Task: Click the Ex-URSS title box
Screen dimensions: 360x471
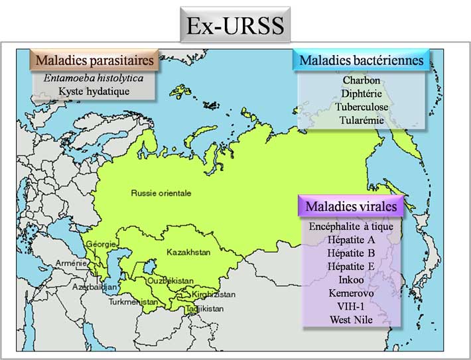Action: click(x=235, y=26)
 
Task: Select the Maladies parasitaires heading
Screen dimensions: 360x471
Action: click(x=95, y=60)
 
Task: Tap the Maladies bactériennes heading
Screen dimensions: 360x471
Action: click(x=362, y=60)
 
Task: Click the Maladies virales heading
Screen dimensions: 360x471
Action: click(x=351, y=206)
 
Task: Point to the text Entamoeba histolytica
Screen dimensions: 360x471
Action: click(x=93, y=78)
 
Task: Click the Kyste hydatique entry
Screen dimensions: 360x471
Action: click(x=94, y=91)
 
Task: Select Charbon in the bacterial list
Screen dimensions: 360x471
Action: click(x=362, y=81)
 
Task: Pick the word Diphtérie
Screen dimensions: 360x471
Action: click(x=362, y=93)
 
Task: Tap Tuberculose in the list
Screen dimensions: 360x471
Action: click(x=362, y=107)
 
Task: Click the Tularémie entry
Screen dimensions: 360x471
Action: click(x=362, y=120)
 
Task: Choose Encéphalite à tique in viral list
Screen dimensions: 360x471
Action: click(x=351, y=226)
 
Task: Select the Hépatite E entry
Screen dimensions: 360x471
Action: click(x=351, y=266)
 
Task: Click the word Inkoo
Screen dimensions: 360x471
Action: click(x=351, y=279)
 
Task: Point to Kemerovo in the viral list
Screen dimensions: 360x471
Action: click(x=351, y=292)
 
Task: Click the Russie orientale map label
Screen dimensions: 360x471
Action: click(x=161, y=193)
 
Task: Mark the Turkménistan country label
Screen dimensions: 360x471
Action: click(x=134, y=302)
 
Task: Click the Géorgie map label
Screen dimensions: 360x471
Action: click(x=101, y=244)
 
